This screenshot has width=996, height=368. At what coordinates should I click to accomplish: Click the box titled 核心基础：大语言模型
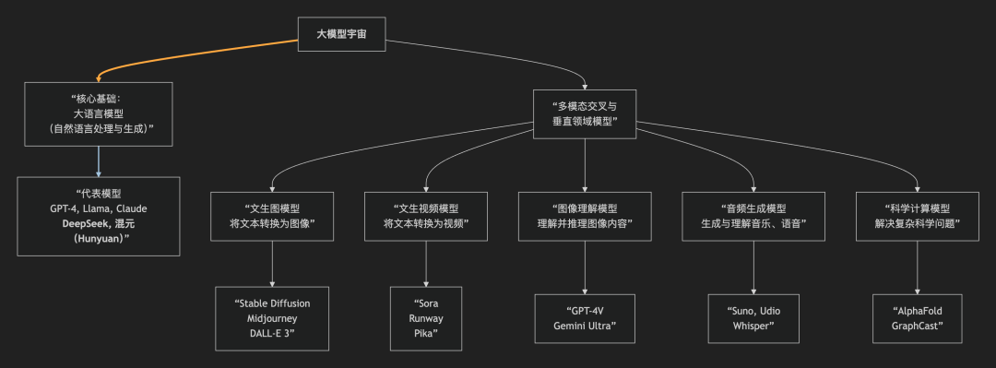pyautogui.click(x=99, y=114)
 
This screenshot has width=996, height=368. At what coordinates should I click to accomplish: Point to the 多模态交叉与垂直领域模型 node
pyautogui.click(x=585, y=114)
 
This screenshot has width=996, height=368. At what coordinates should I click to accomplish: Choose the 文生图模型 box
pyautogui.click(x=272, y=217)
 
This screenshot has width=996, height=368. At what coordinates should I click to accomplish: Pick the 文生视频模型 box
pyautogui.click(x=425, y=217)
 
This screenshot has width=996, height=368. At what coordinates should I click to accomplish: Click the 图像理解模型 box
pyautogui.click(x=585, y=217)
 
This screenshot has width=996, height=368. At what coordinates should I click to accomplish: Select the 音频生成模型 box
pyautogui.click(x=753, y=217)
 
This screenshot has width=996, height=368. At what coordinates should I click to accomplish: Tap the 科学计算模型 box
pyautogui.click(x=917, y=217)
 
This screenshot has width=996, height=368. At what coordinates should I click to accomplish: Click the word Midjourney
pyautogui.click(x=272, y=318)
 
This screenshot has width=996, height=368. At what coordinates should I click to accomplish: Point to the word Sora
pyautogui.click(x=425, y=303)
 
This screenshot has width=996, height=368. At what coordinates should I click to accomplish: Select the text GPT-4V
pyautogui.click(x=585, y=311)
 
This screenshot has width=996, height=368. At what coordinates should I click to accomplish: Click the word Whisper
pyautogui.click(x=753, y=326)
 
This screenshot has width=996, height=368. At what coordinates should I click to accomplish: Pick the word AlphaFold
pyautogui.click(x=917, y=311)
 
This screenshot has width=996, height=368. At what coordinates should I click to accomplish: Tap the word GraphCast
pyautogui.click(x=917, y=326)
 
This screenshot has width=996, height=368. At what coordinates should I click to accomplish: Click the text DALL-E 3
pyautogui.click(x=272, y=333)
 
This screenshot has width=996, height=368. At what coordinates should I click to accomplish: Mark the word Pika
pyautogui.click(x=425, y=333)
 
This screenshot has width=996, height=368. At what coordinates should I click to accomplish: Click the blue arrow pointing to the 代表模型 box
pyautogui.click(x=99, y=161)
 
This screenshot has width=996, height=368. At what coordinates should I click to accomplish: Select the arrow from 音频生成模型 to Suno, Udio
pyautogui.click(x=753, y=267)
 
